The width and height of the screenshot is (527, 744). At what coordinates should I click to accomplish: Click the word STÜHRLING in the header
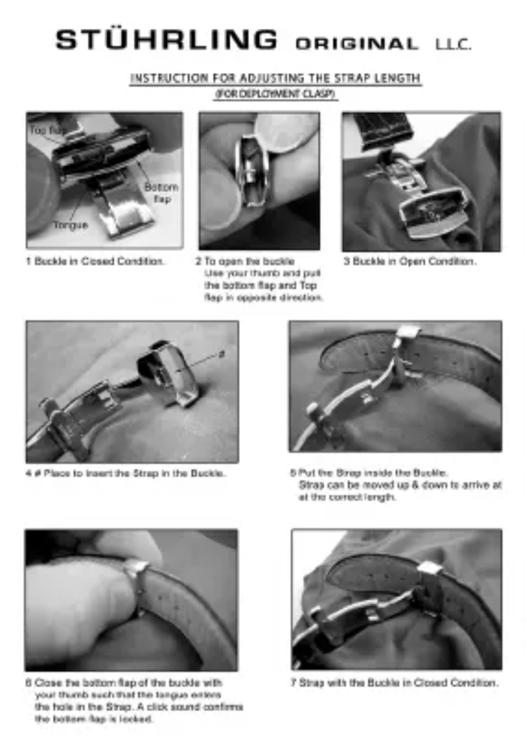(x=166, y=40)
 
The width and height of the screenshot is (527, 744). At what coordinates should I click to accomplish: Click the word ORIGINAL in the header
(x=357, y=45)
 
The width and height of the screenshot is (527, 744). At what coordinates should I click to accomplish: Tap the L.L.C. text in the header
(x=453, y=45)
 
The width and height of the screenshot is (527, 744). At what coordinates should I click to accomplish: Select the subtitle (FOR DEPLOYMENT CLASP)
(x=276, y=94)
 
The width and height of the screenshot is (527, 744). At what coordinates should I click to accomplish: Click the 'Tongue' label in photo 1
(x=70, y=225)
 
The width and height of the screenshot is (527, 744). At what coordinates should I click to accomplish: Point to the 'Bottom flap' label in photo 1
(x=161, y=193)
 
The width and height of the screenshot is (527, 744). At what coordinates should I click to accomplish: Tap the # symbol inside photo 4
(x=221, y=354)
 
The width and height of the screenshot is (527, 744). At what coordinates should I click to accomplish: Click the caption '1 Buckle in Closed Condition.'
(x=95, y=262)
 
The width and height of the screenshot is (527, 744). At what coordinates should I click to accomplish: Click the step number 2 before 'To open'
(x=198, y=262)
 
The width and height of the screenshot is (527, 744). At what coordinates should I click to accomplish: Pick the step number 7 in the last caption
(x=294, y=683)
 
